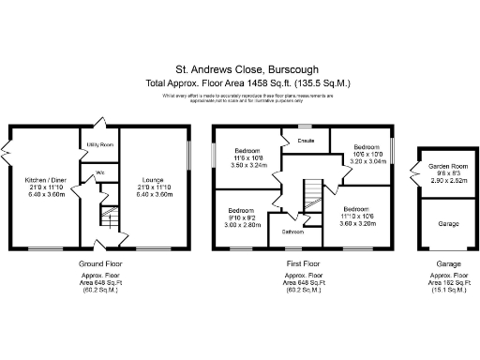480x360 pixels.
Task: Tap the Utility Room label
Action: click(x=100, y=145)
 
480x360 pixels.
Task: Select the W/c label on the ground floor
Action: click(x=99, y=173)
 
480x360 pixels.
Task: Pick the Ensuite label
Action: click(x=306, y=141)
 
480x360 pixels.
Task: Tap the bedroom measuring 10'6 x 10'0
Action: click(x=367, y=154)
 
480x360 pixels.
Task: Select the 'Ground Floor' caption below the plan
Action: click(x=98, y=265)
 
